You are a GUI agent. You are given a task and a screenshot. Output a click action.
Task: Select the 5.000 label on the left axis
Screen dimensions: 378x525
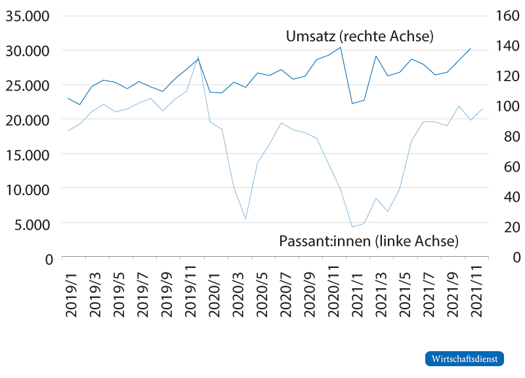point(31,224)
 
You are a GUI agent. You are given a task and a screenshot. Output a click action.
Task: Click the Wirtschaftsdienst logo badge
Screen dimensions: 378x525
point(465,359)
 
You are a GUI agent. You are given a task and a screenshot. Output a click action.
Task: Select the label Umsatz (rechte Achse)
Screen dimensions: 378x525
point(360,37)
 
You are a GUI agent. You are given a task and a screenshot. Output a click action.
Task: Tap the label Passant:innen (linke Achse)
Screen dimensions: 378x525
point(368,241)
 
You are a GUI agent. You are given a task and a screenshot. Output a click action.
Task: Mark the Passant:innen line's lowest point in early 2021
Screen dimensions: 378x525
point(352,227)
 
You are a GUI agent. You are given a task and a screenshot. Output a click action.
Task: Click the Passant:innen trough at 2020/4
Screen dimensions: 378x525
point(245,219)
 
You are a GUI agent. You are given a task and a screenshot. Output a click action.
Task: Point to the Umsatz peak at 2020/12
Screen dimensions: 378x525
point(340,47)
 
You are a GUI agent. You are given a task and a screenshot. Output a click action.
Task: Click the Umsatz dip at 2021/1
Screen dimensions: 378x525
point(352,104)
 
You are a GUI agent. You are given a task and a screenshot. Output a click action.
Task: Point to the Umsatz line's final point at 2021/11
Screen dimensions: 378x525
point(471,48)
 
